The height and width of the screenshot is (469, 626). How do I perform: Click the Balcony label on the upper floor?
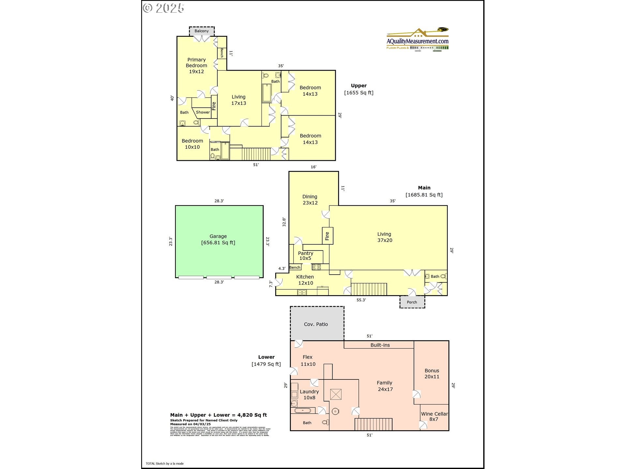(x=201, y=31)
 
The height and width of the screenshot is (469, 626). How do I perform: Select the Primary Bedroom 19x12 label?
(x=196, y=65)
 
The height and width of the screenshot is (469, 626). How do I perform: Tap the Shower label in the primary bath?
(x=203, y=112)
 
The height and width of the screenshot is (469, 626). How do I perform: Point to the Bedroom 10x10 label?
(x=192, y=144)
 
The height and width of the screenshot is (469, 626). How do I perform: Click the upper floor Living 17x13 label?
(x=239, y=100)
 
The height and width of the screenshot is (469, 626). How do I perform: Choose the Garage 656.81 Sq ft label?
(x=218, y=239)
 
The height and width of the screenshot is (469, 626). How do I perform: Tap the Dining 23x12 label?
(x=310, y=199)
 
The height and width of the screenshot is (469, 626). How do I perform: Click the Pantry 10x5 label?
(x=306, y=256)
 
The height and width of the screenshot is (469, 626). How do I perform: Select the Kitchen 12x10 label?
(x=305, y=280)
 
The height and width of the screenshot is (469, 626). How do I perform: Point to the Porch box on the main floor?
(x=412, y=302)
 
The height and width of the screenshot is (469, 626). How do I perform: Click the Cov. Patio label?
(x=316, y=324)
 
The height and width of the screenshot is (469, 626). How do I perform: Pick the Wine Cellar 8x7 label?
(x=434, y=416)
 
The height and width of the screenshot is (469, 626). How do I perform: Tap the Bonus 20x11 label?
(x=432, y=374)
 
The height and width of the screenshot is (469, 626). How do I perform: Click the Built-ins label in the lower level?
(x=380, y=345)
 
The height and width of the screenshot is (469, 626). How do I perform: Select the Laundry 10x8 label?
(x=309, y=394)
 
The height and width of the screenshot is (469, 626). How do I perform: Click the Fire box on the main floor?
(x=327, y=236)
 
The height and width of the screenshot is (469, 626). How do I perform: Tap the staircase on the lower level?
(x=373, y=424)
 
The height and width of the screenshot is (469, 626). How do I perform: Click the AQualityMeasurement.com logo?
(x=417, y=41)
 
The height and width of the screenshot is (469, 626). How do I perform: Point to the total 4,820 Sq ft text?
(x=218, y=415)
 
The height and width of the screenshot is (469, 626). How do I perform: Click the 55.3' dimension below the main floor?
(x=361, y=300)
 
